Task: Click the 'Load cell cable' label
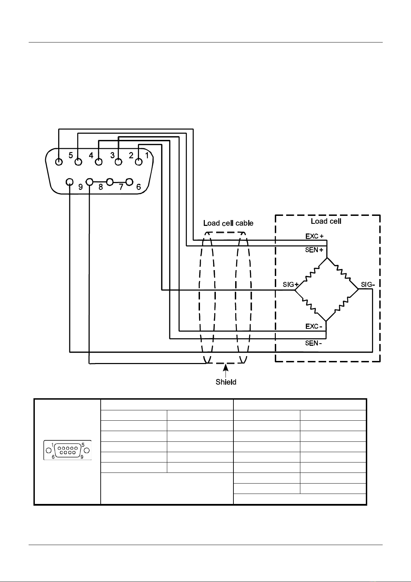pos(228,223)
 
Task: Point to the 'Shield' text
pos(226,382)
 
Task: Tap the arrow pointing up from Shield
pos(226,371)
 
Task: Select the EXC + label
pos(314,236)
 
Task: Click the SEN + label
pos(314,250)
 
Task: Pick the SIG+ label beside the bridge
pos(291,285)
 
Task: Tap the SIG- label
pos(368,285)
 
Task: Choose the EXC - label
pos(314,326)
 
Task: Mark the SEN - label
pos(313,343)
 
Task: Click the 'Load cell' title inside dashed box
pos(326,221)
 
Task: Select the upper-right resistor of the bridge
pos(343,273)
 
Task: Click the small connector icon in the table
pos(68,450)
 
